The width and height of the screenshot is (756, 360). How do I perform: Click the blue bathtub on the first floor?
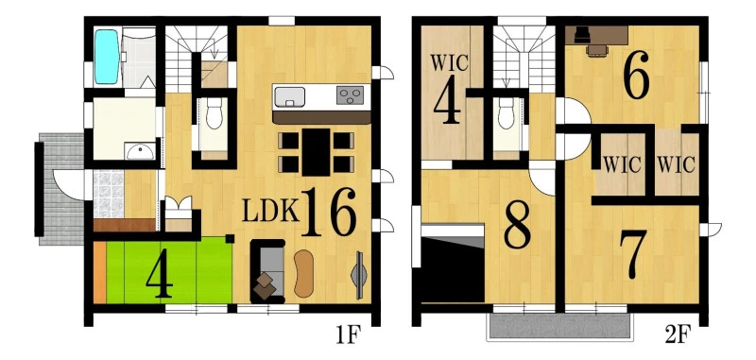pyautogui.click(x=107, y=57)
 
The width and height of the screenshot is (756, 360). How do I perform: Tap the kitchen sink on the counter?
pyautogui.click(x=289, y=97)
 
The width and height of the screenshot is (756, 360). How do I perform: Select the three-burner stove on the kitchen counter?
pyautogui.click(x=350, y=95)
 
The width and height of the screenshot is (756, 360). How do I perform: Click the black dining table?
pyautogui.click(x=317, y=152)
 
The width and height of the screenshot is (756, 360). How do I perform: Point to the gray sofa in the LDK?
pyautogui.click(x=267, y=271)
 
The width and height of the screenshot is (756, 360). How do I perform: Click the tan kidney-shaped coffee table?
pyautogui.click(x=303, y=273)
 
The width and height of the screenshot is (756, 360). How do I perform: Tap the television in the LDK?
pyautogui.click(x=359, y=275)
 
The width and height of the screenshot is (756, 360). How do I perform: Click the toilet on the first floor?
pyautogui.click(x=215, y=113)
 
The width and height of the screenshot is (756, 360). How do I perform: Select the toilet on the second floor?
pyautogui.click(x=507, y=113)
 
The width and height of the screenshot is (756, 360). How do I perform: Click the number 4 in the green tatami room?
pyautogui.click(x=160, y=279)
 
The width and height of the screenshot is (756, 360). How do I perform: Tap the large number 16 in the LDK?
pyautogui.click(x=329, y=212)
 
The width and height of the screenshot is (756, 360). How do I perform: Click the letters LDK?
pyautogui.click(x=270, y=211)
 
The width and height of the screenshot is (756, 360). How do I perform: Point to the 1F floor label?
pyautogui.click(x=348, y=335)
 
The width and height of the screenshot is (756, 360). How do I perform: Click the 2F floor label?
pyautogui.click(x=678, y=335)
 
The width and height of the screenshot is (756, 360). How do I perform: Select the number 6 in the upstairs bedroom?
pyautogui.click(x=636, y=77)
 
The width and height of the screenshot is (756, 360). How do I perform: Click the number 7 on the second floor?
pyautogui.click(x=633, y=254)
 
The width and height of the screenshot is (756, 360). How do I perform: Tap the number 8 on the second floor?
pyautogui.click(x=517, y=224)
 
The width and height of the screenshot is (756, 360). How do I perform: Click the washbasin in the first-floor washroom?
pyautogui.click(x=140, y=151)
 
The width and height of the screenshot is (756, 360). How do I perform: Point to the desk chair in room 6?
pyautogui.click(x=597, y=51)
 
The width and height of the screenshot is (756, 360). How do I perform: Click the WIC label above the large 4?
pyautogui.click(x=449, y=63)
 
